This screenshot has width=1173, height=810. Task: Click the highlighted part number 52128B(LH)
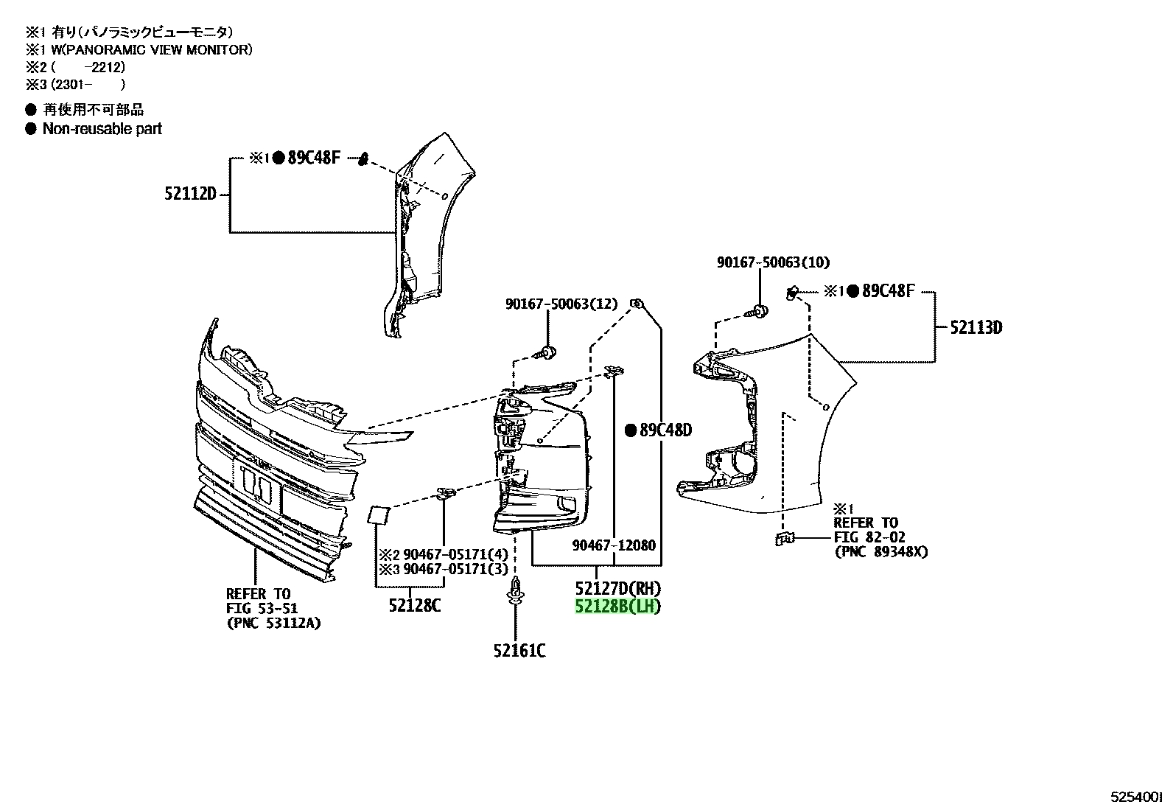pyautogui.click(x=618, y=606)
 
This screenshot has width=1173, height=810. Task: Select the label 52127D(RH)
pyautogui.click(x=618, y=588)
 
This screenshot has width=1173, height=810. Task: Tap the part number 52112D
pyautogui.click(x=190, y=194)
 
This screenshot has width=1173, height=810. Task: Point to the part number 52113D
pyautogui.click(x=976, y=327)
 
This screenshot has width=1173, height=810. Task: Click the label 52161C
pyautogui.click(x=519, y=651)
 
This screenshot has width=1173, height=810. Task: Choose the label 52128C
pyautogui.click(x=415, y=606)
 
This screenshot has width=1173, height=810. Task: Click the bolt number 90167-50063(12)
pyautogui.click(x=561, y=304)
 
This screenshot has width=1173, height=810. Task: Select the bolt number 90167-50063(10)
pyautogui.click(x=774, y=262)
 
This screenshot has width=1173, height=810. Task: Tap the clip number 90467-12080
pyautogui.click(x=614, y=545)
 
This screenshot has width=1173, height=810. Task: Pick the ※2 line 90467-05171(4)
pyautogui.click(x=444, y=554)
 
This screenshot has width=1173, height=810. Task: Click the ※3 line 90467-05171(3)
pyautogui.click(x=444, y=569)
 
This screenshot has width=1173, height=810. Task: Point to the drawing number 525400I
pyautogui.click(x=1136, y=797)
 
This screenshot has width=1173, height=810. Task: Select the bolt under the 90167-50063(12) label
pyautogui.click(x=546, y=352)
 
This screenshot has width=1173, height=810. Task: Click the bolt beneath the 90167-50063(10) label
pyautogui.click(x=757, y=312)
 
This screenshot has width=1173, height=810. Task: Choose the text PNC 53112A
pyautogui.click(x=274, y=624)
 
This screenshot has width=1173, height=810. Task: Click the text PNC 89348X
pyautogui.click(x=881, y=552)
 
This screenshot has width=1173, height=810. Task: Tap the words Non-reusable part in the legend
pyautogui.click(x=102, y=129)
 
